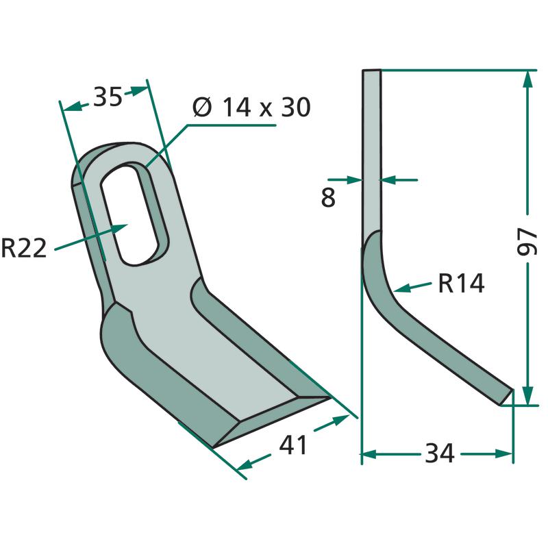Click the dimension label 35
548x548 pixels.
tap(108, 97)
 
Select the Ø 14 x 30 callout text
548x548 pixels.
tap(251, 108)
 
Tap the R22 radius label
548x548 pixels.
tap(24, 248)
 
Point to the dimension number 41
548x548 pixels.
tap(293, 445)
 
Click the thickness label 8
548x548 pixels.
tap(328, 197)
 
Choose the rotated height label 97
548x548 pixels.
tap(527, 242)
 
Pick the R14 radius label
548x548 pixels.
tap(461, 283)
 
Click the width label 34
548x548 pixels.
tap(440, 453)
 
